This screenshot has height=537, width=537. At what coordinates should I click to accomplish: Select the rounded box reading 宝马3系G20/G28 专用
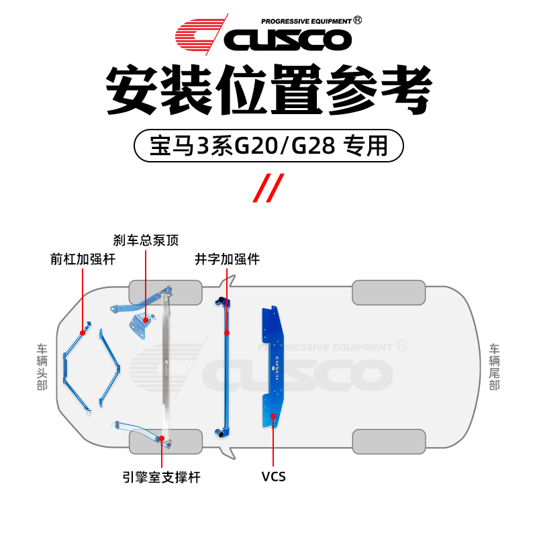[x=268, y=145]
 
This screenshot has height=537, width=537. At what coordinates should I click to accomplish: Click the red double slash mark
[x=268, y=187]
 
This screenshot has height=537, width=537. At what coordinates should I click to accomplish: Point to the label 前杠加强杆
[x=83, y=258]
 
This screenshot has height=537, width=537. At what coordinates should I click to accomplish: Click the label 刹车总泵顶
[x=146, y=240]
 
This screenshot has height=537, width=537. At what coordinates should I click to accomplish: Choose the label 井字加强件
[x=227, y=258]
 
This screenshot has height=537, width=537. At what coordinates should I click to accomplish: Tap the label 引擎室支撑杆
[x=162, y=477]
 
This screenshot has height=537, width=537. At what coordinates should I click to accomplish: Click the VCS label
[x=273, y=477]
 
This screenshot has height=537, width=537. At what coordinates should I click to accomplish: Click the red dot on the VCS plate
[x=273, y=416]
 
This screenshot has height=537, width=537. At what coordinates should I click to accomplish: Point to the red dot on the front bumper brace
[x=83, y=332]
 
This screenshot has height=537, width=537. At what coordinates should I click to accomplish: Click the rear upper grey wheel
[x=388, y=293]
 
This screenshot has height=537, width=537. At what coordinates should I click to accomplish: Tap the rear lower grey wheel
[x=388, y=441]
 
